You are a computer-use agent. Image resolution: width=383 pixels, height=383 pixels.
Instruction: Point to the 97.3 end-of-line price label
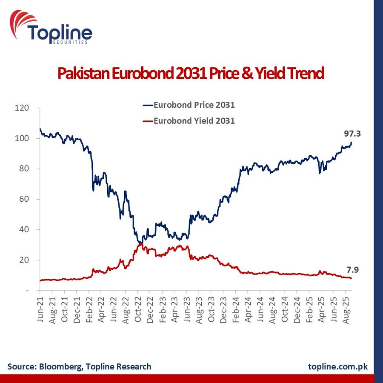pos(352,134)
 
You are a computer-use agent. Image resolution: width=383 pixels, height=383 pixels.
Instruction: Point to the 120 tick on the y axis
pos(23,108)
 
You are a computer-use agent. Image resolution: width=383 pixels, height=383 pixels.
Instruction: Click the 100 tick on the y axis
pos(23,138)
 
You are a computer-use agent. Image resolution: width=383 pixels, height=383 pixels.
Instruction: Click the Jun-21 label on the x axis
pos(40,307)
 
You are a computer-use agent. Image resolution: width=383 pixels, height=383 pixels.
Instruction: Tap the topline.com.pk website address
pos(338,366)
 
